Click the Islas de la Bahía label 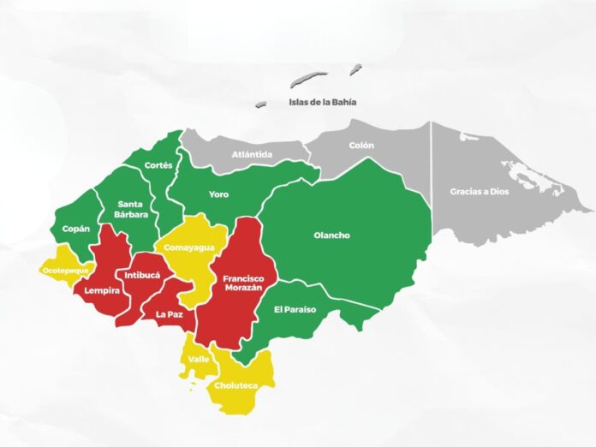click(x=321, y=103)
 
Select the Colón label click(x=361, y=146)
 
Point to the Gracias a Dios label click(x=479, y=192)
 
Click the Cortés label click(x=158, y=164)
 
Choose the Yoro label click(x=218, y=194)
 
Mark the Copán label click(x=74, y=229)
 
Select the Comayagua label click(x=189, y=247)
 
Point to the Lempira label click(x=101, y=290)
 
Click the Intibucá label click(x=142, y=276)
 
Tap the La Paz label click(x=170, y=314)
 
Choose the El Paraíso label click(x=295, y=309)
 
